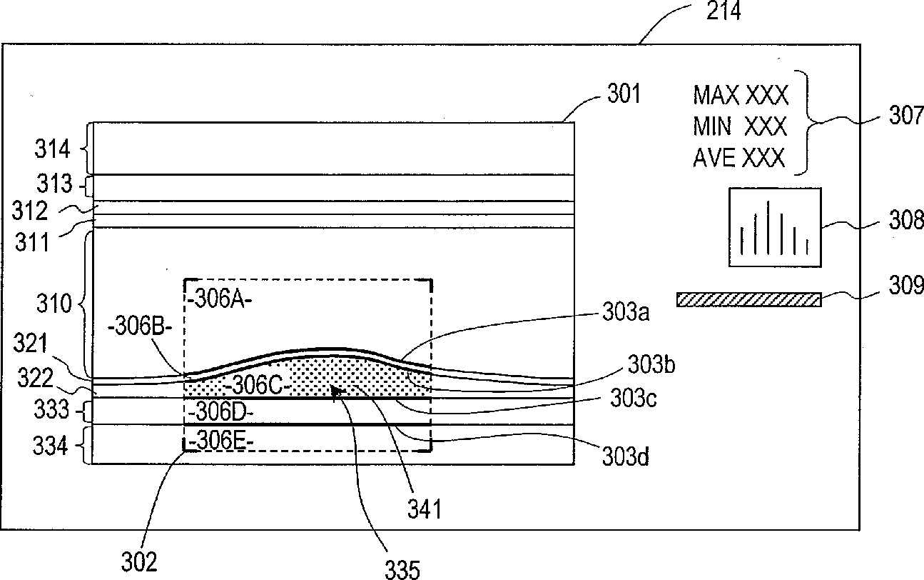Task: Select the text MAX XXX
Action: [x=741, y=94]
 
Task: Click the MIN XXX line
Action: [x=740, y=126]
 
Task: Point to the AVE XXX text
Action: [x=739, y=158]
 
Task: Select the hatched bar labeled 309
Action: [x=748, y=299]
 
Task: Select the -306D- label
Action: [x=220, y=413]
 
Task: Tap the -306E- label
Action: [x=220, y=442]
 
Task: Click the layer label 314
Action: [x=54, y=149]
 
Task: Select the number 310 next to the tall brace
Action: [x=54, y=305]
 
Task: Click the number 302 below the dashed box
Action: [x=139, y=562]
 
